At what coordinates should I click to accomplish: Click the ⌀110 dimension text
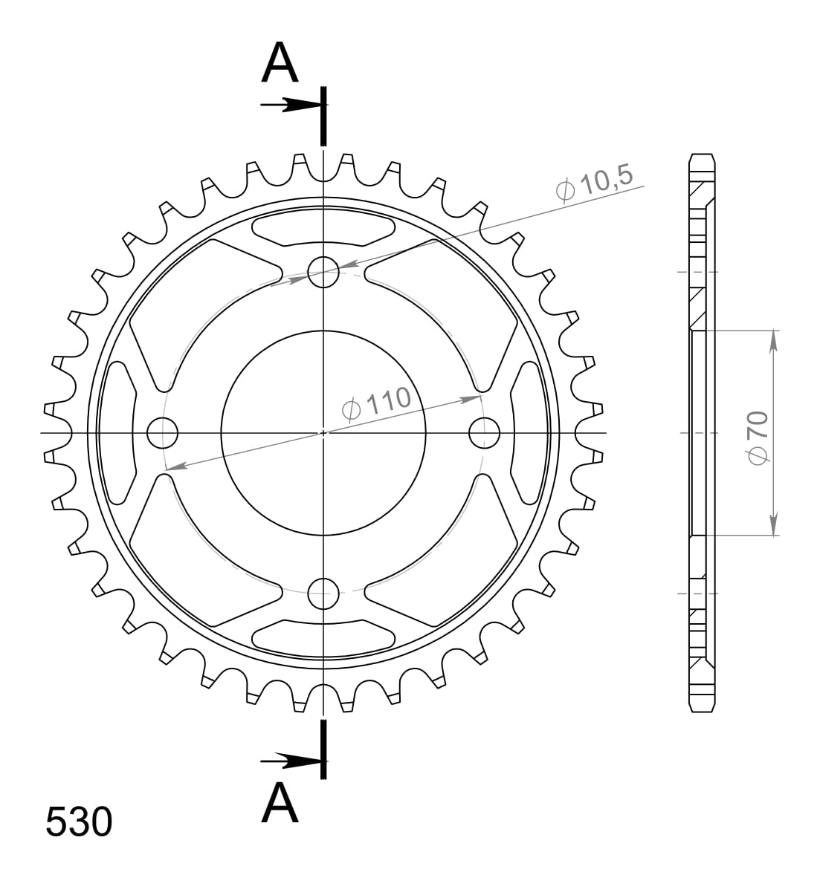pyautogui.click(x=375, y=403)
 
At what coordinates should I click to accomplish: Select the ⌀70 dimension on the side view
pyautogui.click(x=758, y=438)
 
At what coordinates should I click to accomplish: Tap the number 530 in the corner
pyautogui.click(x=79, y=822)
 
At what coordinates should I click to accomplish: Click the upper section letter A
pyautogui.click(x=280, y=63)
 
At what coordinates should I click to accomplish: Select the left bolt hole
pyautogui.click(x=163, y=432)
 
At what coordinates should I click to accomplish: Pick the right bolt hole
pyautogui.click(x=485, y=432)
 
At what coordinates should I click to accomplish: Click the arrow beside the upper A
pyautogui.click(x=290, y=105)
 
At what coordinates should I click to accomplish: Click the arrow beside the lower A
pyautogui.click(x=290, y=760)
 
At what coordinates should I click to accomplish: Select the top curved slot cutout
pyautogui.click(x=323, y=228)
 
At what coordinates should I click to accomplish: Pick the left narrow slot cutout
pyautogui.click(x=119, y=432)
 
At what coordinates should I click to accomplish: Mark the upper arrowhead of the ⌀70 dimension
pyautogui.click(x=774, y=338)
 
